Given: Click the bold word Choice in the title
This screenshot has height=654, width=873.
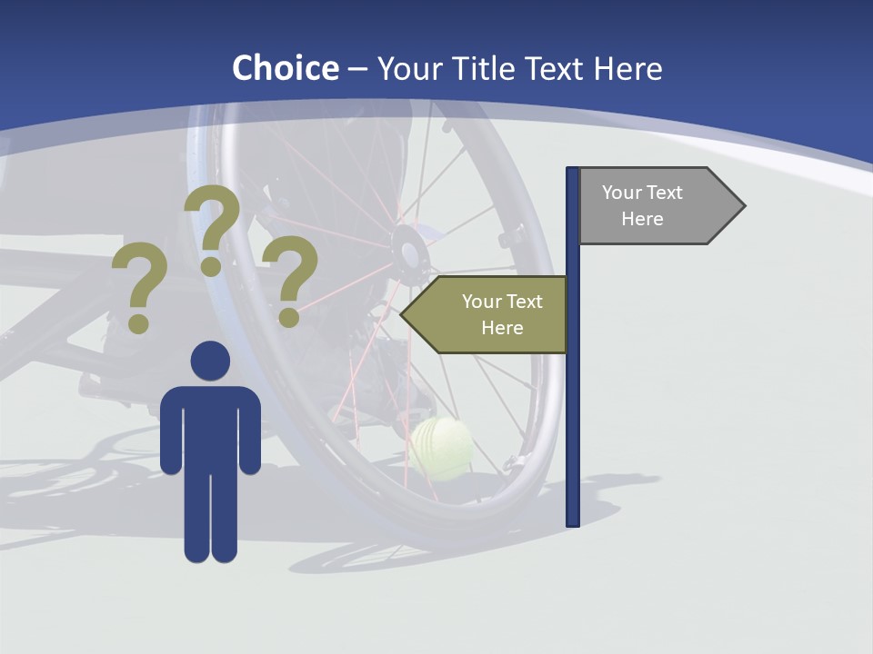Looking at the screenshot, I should coord(285,68).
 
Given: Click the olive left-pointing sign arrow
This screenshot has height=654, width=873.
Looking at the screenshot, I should coord(487,314).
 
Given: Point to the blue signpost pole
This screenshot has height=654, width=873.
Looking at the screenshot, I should coord(573,409).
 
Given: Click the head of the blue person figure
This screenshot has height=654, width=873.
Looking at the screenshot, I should coord(210,361).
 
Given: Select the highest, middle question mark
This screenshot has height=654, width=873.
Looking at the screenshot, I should coord(212,227).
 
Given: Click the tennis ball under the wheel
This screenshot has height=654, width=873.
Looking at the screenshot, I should coord(441,448).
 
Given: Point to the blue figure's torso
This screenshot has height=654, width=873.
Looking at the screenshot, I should coord(210,427).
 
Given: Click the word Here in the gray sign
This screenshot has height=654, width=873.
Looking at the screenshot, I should coord(642,219).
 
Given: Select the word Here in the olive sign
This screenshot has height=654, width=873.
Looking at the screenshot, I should coord(502,328).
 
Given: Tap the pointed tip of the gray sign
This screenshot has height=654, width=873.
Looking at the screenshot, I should coord(743,206).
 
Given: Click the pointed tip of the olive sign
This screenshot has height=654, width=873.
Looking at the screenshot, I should coord(403,314).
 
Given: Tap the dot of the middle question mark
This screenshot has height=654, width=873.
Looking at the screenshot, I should coord(211,266).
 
